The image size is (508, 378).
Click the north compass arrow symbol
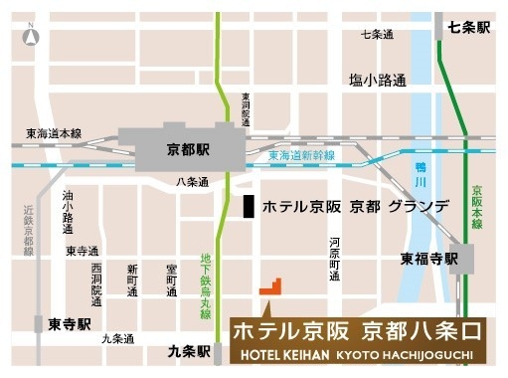click(31, 36)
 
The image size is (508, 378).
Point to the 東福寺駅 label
click(429, 259)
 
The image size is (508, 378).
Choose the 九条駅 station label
click(189, 351)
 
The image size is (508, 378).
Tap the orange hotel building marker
click(270, 286)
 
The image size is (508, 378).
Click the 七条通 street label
click(378, 35)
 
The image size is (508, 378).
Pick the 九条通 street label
click(117, 338)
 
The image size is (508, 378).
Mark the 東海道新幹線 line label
click(301, 156)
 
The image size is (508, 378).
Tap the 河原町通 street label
click(336, 260)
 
